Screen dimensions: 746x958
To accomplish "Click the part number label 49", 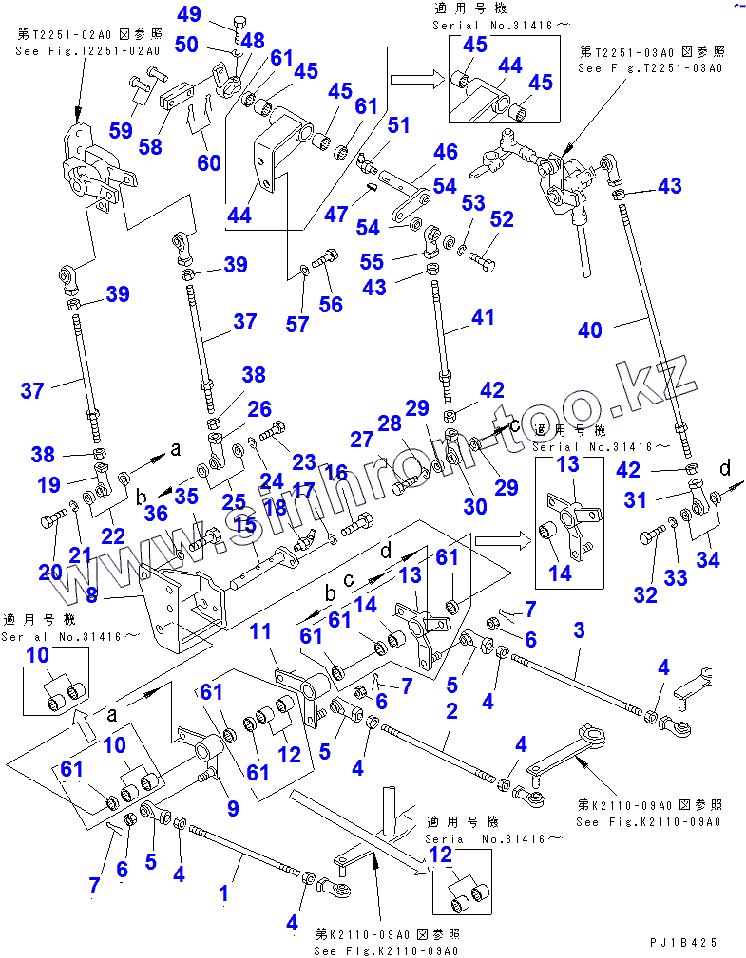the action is click(190, 14).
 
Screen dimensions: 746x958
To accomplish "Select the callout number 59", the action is click(121, 130).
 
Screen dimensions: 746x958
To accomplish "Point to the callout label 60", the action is click(209, 162).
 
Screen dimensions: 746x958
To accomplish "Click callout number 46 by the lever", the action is click(446, 152).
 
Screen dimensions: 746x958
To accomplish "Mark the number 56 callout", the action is click(331, 304).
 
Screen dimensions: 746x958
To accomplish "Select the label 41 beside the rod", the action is click(483, 317).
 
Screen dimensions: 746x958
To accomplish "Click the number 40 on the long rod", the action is click(590, 329).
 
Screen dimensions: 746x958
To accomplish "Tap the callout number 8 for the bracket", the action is click(91, 596).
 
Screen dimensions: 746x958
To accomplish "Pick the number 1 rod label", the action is click(224, 892).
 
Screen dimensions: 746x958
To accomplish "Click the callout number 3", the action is click(578, 630).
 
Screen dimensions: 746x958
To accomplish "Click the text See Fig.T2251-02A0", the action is click(87, 50).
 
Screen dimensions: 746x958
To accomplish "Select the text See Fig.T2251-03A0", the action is click(650, 68).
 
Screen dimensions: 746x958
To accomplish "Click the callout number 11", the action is click(260, 631).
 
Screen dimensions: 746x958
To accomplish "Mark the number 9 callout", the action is click(232, 809).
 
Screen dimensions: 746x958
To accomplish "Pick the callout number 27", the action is click(362, 440).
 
